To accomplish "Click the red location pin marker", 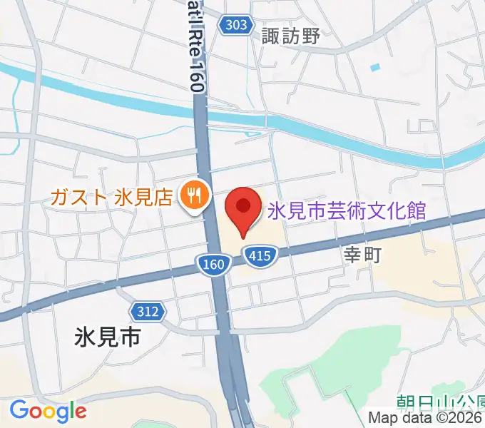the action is [x=243, y=210].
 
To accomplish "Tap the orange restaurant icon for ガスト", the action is [x=193, y=192].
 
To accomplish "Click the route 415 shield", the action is [x=260, y=255].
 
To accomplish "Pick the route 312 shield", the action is [x=147, y=310].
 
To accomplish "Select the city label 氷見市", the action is [x=108, y=337].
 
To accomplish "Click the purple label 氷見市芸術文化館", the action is [x=347, y=211].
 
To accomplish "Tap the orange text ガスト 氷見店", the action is [x=112, y=195].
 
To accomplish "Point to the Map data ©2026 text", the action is [x=426, y=419].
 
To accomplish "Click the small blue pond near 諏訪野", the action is [x=375, y=68].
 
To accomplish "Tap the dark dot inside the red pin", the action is [x=243, y=205].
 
